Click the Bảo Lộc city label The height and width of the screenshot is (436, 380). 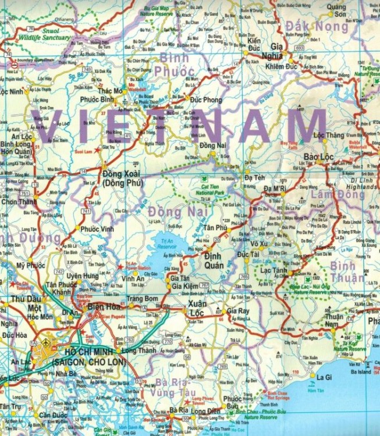click(319, 157)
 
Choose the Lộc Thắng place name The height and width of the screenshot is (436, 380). click(329, 135)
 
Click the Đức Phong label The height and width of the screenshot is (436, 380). click(205, 100)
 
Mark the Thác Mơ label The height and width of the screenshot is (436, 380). click(111, 91)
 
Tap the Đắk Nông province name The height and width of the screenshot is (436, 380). click(317, 26)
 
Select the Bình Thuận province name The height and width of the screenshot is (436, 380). click(343, 270)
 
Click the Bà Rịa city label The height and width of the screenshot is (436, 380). click(179, 410)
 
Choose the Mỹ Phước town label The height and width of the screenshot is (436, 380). click(31, 265)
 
